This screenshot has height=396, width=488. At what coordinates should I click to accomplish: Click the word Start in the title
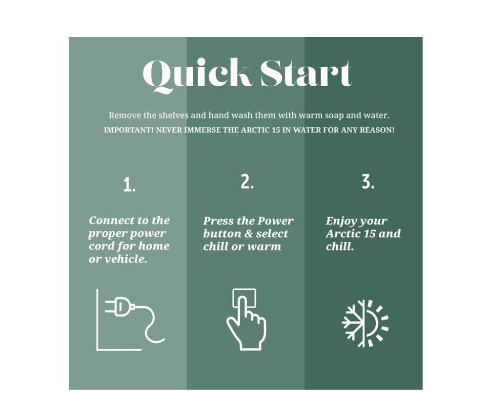pos(306,73)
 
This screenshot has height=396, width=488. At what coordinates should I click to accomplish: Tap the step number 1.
pos(129,185)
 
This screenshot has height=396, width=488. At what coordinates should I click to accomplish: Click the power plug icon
pos(131,320)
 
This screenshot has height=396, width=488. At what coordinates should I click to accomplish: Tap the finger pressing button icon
pos(246,320)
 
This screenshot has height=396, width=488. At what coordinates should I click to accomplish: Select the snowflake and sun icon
pos(365,323)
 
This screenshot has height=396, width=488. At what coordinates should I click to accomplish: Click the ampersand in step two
pos(248,234)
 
